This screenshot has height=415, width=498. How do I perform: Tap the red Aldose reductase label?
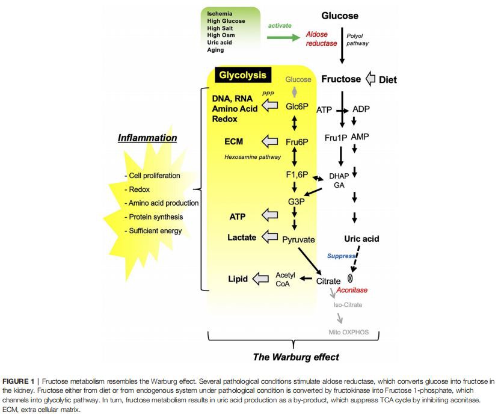[x=321, y=38]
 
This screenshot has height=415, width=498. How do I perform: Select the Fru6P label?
[x=297, y=143]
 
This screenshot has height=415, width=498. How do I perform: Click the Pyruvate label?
[x=298, y=239]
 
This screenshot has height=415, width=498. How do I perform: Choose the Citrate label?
[x=328, y=280]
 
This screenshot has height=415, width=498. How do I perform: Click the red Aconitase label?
[x=352, y=290]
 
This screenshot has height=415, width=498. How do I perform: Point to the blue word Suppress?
[x=342, y=256]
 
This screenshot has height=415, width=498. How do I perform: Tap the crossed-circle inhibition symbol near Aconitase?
[x=351, y=278]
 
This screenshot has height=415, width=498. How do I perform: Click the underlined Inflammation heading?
[x=147, y=138]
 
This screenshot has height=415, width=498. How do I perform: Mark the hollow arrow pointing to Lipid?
[x=261, y=278]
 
